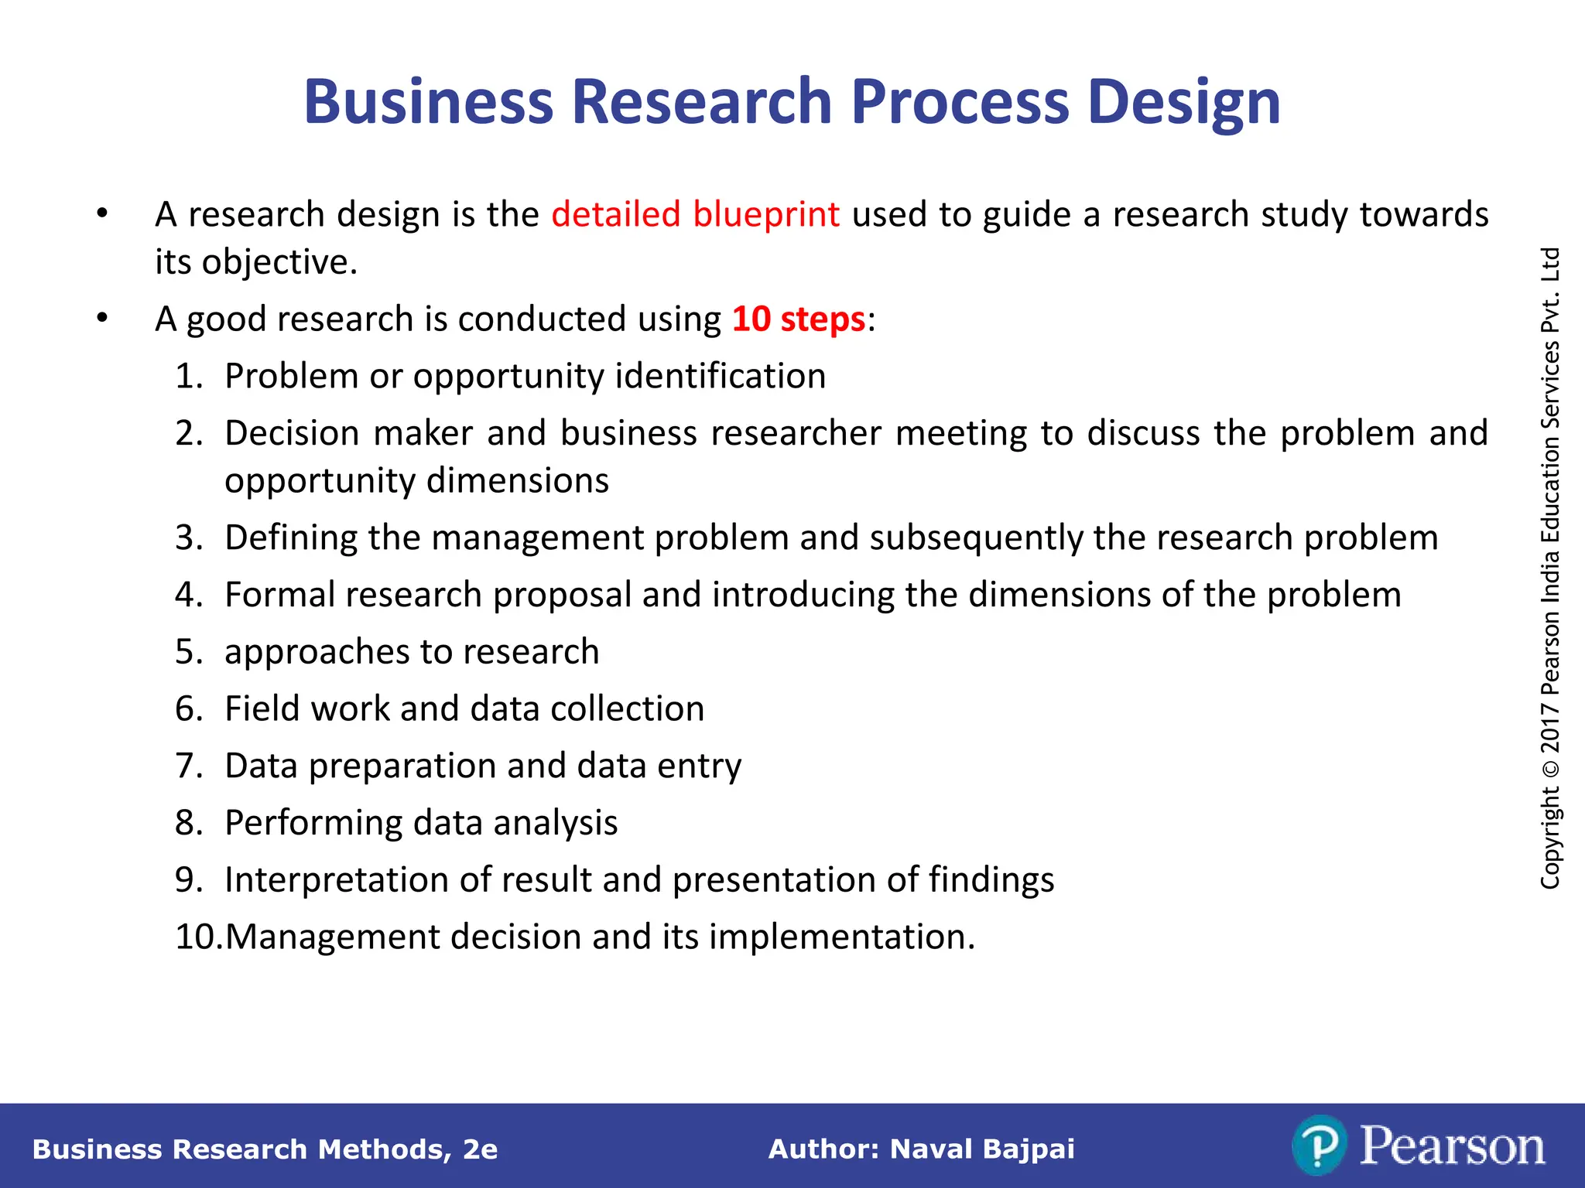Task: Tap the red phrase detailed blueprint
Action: coord(695,214)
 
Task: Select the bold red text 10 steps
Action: coord(798,319)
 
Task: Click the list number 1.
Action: coord(188,377)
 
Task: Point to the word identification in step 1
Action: coord(720,377)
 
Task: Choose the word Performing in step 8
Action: coord(313,823)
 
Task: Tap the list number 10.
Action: coord(197,937)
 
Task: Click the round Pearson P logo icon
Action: coord(1318,1145)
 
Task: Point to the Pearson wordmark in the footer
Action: coord(1452,1146)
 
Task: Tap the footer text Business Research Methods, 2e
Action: coord(265,1149)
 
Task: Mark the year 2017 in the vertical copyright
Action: coord(1550,727)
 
